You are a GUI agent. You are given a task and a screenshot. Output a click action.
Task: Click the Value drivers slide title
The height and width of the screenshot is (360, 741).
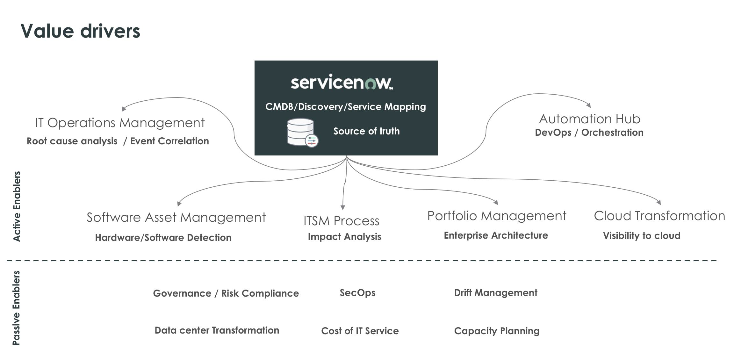[80, 31]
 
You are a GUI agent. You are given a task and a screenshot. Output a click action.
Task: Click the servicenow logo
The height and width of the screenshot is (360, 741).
[342, 82]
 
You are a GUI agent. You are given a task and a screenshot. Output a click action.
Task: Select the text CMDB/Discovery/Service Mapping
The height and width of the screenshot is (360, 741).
[346, 106]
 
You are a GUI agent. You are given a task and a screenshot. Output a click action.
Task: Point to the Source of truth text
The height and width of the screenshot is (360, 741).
[366, 131]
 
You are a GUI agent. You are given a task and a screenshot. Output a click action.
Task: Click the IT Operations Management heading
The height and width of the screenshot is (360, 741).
[120, 123]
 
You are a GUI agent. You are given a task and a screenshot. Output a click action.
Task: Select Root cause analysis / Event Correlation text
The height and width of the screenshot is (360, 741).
[118, 141]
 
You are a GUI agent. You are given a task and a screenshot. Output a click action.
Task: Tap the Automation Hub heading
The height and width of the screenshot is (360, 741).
[589, 119]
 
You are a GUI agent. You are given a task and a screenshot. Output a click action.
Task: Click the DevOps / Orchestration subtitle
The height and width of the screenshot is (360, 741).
[589, 133]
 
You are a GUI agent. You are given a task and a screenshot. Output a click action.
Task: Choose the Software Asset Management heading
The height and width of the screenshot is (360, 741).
[176, 217]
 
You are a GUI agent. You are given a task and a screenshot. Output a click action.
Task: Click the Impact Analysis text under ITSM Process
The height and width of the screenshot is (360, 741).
[344, 237]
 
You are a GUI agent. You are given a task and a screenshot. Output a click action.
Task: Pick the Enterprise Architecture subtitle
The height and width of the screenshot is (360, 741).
[496, 235]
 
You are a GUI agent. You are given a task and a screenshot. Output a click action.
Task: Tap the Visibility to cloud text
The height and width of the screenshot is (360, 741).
[642, 236]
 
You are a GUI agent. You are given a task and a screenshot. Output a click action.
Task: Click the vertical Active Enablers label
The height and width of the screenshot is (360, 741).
[17, 206]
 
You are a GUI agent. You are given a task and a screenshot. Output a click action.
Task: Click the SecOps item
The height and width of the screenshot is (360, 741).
[357, 292]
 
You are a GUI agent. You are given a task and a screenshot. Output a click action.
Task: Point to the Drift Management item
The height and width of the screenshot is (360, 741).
[496, 292]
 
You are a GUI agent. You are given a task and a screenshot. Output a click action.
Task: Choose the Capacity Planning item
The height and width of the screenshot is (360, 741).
[497, 331]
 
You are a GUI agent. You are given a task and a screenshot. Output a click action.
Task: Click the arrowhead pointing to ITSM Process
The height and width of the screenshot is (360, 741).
[343, 207]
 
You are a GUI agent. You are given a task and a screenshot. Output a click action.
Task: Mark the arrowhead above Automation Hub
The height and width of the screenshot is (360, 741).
[589, 105]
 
